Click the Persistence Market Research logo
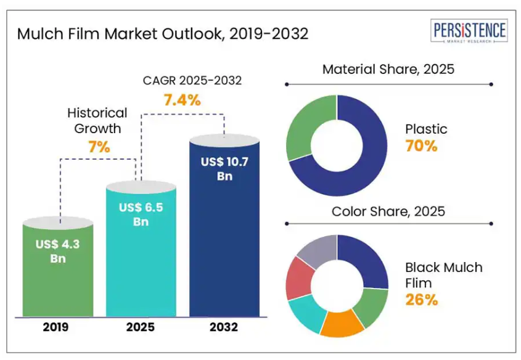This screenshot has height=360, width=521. [470, 31]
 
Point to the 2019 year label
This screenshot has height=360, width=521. [58, 327]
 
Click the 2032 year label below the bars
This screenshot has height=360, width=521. [224, 327]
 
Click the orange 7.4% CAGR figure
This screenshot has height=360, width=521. [182, 100]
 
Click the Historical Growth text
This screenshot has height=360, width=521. [97, 121]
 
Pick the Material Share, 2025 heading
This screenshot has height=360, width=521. [388, 69]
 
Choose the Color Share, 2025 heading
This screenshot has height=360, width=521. [388, 211]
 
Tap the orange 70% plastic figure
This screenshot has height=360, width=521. [421, 147]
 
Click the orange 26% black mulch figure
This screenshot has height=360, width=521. [421, 300]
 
